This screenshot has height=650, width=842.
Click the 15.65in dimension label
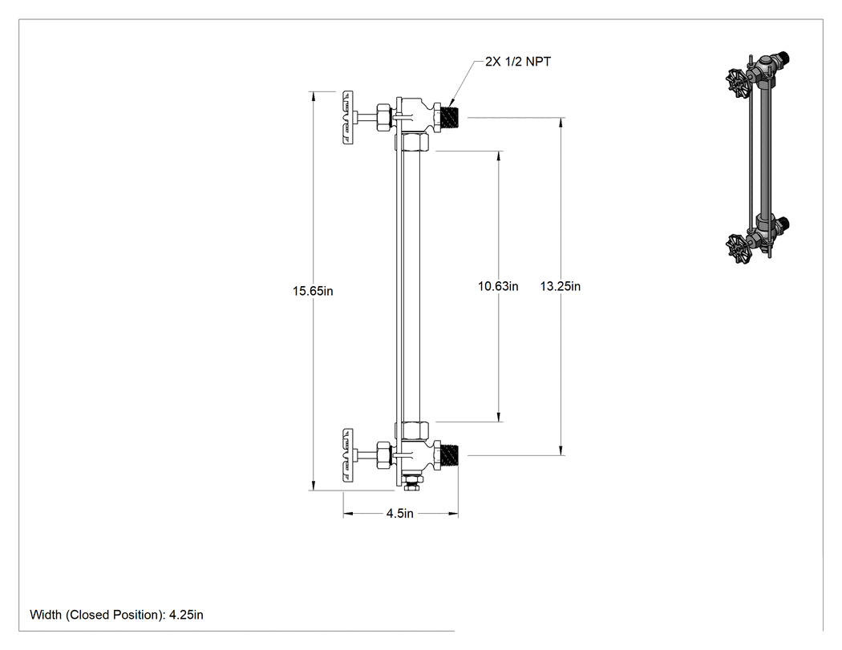point(313,291)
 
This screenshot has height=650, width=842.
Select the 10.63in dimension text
point(498,286)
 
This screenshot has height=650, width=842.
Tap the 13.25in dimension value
point(560,286)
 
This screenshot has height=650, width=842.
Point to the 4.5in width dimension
point(400,514)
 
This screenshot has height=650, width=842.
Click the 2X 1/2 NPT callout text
point(518,62)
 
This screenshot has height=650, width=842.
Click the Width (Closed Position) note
point(116,615)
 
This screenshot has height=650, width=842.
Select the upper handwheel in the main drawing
point(348,117)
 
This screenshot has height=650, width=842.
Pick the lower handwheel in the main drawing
point(348,455)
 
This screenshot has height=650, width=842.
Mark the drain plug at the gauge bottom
point(412,483)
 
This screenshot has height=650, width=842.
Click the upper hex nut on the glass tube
point(412,142)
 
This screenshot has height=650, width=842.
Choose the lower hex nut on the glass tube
point(412,430)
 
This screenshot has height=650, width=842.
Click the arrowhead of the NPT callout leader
point(449,103)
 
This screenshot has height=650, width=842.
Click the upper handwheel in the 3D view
point(737,83)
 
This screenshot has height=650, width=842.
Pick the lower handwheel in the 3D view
point(737,248)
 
